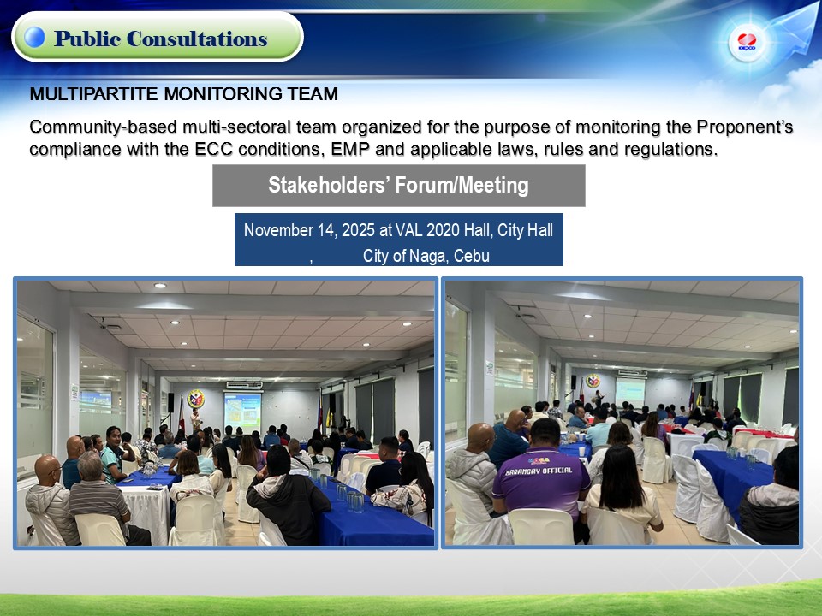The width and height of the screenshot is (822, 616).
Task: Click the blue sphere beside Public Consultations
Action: click(x=34, y=37)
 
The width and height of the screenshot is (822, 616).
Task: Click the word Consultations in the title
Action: click(x=197, y=38)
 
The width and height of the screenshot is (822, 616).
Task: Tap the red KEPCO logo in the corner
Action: click(x=747, y=42)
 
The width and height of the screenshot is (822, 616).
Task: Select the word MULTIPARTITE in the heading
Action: click(x=94, y=94)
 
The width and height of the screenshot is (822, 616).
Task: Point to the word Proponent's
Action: click(x=744, y=127)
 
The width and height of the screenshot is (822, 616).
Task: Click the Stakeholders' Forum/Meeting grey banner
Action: click(x=398, y=186)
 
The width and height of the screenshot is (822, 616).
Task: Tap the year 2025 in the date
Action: click(x=358, y=230)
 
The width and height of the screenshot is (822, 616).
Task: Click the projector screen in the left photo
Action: click(x=242, y=412)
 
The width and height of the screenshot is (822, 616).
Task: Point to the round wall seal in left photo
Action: click(x=196, y=399)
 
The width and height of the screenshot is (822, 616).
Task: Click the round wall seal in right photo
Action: click(x=593, y=380)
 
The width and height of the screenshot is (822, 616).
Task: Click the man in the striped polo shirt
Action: click(x=99, y=498)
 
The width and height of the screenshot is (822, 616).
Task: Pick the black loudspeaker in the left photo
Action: click(x=170, y=402)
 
